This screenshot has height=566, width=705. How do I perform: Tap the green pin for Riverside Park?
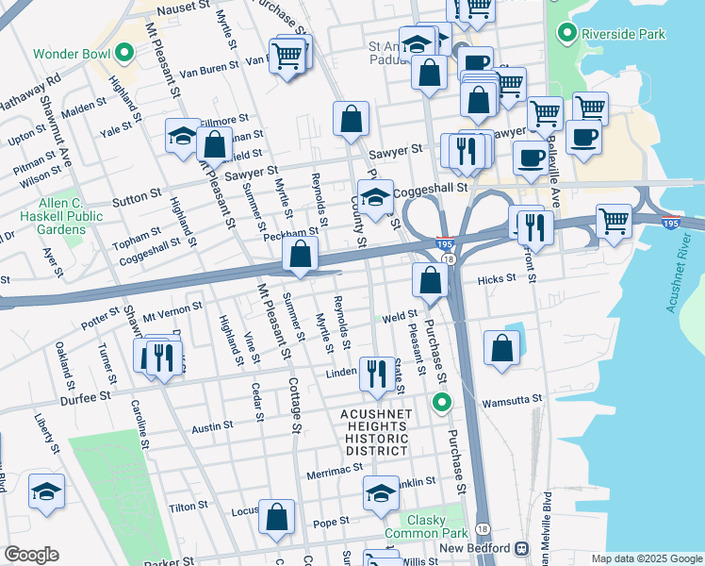566,35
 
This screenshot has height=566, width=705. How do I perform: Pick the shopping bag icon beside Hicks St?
430,280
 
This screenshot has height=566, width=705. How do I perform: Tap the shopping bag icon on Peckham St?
300,254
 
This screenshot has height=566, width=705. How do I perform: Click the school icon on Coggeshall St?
375,198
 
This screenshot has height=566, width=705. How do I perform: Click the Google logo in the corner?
31,555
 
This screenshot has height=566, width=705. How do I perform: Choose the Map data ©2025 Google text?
646,558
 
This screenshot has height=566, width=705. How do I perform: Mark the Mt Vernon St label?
173,308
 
